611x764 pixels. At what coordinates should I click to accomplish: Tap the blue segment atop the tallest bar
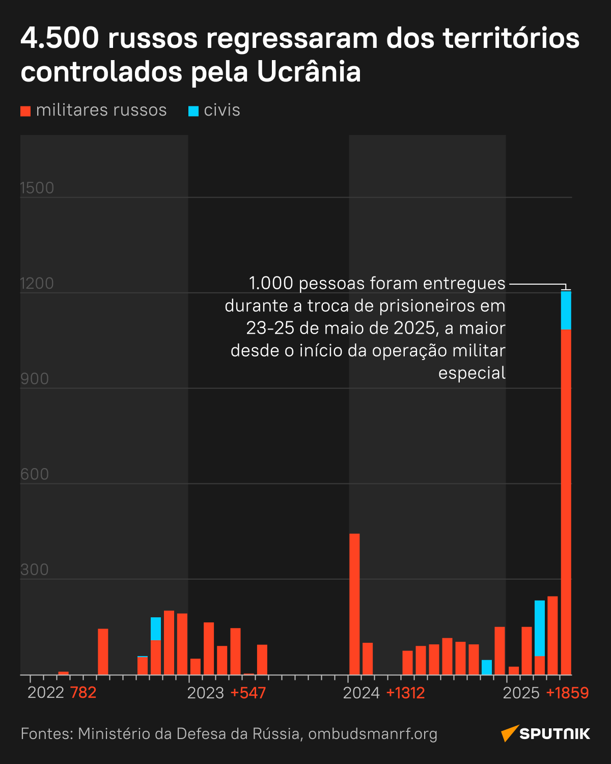(x=566, y=311)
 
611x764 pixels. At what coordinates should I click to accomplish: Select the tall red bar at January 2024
(x=354, y=604)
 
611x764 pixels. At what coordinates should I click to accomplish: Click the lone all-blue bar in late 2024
(x=487, y=667)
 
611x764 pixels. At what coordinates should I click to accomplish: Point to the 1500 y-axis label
(x=37, y=188)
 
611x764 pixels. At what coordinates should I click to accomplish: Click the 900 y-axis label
(x=35, y=379)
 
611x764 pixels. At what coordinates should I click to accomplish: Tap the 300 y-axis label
(x=35, y=569)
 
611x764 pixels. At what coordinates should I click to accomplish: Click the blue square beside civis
(x=193, y=111)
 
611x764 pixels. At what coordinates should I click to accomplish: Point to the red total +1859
(x=567, y=693)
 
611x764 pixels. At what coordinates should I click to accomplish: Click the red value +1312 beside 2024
(x=405, y=693)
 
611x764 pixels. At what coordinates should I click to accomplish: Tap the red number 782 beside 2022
(x=83, y=693)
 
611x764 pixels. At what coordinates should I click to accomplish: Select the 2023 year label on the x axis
(x=206, y=693)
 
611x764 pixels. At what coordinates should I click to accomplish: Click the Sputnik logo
(x=545, y=733)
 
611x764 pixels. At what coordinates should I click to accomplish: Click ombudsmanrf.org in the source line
(x=373, y=734)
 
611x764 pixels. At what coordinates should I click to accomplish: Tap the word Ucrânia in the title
(x=309, y=72)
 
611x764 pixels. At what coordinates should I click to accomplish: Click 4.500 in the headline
(x=60, y=38)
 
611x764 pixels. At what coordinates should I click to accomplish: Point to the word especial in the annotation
(x=471, y=373)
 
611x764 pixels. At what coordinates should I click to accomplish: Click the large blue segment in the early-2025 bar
(x=540, y=628)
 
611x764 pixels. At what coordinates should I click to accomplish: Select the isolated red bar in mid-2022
(x=103, y=651)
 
